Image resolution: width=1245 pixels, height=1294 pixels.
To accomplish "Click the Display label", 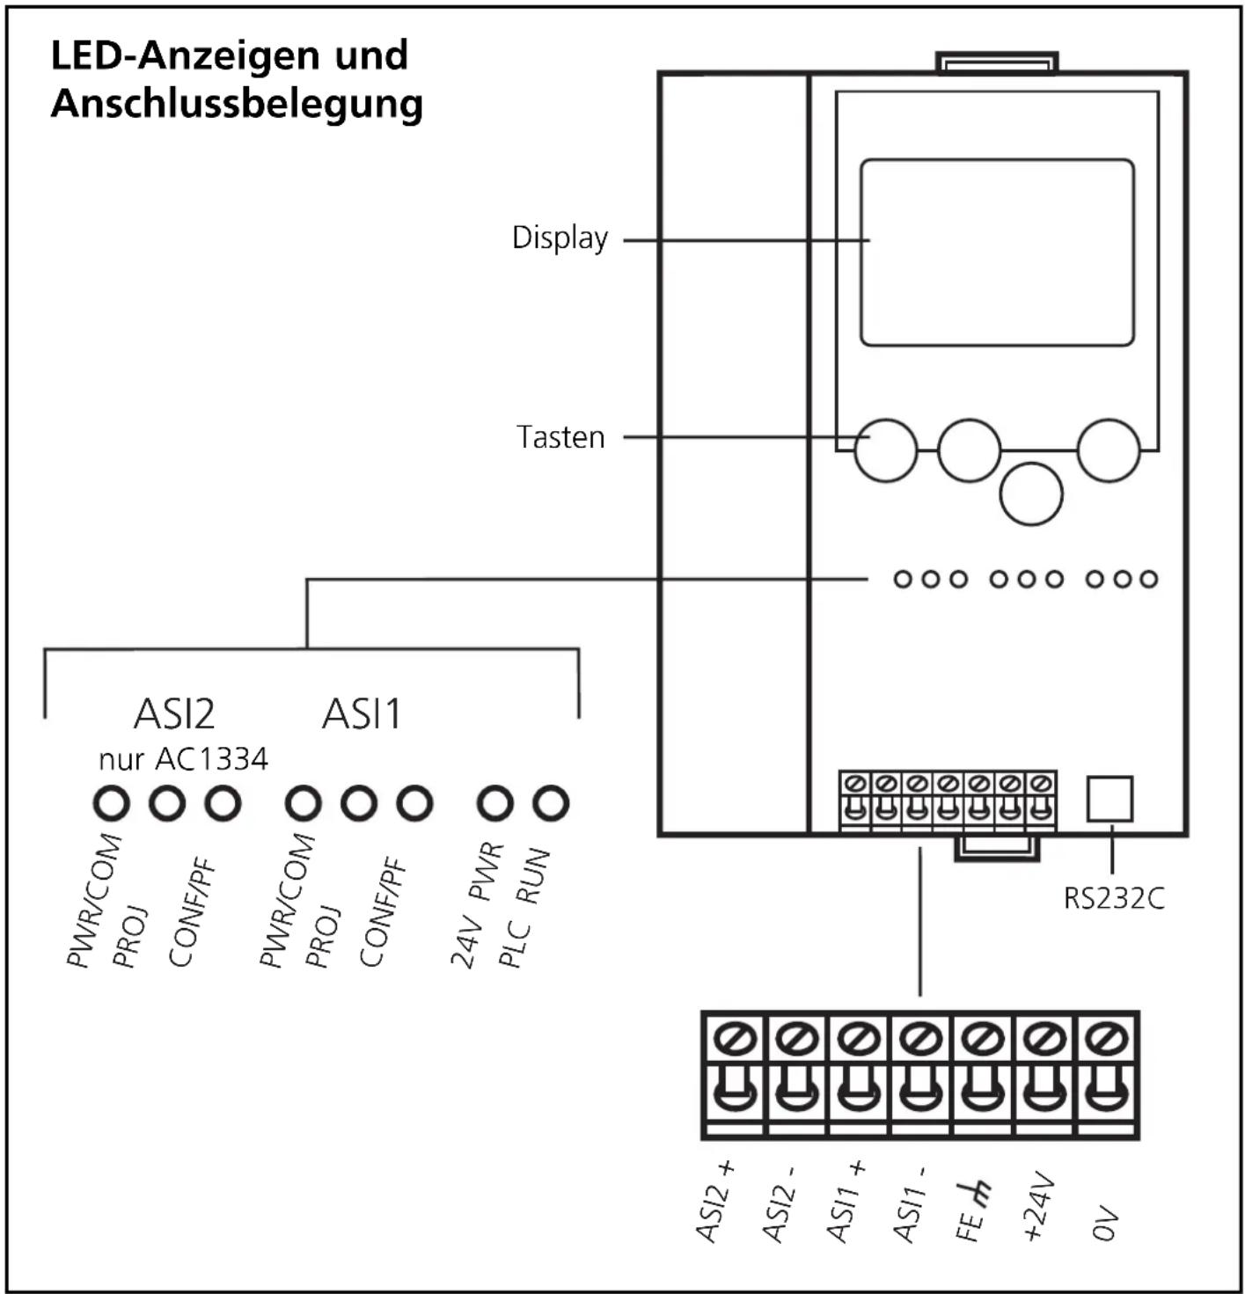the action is [x=560, y=238].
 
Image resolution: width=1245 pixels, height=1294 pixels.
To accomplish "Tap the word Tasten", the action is [x=560, y=437].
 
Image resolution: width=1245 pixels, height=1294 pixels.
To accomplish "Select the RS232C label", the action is [x=1113, y=899].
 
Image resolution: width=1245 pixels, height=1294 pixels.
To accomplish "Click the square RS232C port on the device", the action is [x=1110, y=799].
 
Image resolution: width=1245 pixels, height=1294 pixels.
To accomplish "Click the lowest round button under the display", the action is [x=1030, y=494].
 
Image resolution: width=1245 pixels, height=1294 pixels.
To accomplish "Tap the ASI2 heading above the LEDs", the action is [x=174, y=714].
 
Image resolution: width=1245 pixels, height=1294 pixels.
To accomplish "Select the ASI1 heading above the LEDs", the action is [x=361, y=714].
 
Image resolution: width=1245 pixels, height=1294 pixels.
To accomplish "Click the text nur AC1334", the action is [x=183, y=759].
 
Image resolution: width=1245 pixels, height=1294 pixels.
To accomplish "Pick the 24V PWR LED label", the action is [x=476, y=905].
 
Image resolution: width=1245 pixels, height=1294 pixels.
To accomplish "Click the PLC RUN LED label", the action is [x=524, y=909].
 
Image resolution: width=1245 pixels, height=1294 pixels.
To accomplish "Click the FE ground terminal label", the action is [x=972, y=1211].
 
